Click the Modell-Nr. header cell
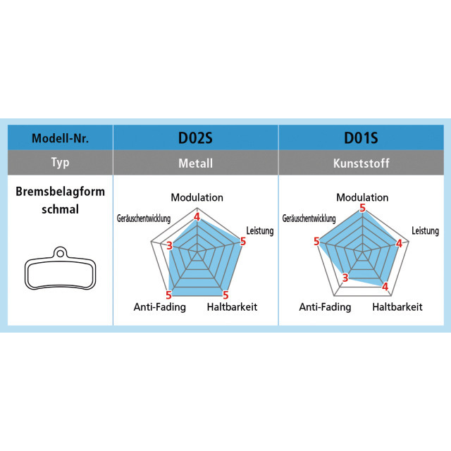[x=60, y=138]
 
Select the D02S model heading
[x=195, y=138]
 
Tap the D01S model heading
[x=361, y=138]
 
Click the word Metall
[x=196, y=163]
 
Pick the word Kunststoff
[x=362, y=163]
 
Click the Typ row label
[x=60, y=163]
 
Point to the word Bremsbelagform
[x=60, y=192]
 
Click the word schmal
[x=60, y=209]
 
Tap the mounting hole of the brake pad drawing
[x=60, y=254]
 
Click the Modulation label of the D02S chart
[x=197, y=197]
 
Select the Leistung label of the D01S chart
[x=425, y=230]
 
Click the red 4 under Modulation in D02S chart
[x=197, y=216]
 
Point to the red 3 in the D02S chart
[x=169, y=246]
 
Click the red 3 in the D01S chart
[x=345, y=278]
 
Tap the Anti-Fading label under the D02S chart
[x=160, y=307]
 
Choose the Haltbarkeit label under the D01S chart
[x=397, y=307]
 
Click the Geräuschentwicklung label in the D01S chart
[x=309, y=218]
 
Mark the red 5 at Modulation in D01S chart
[x=362, y=208]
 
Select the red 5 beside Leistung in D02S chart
[x=243, y=241]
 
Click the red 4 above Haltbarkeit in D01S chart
[x=385, y=287]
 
